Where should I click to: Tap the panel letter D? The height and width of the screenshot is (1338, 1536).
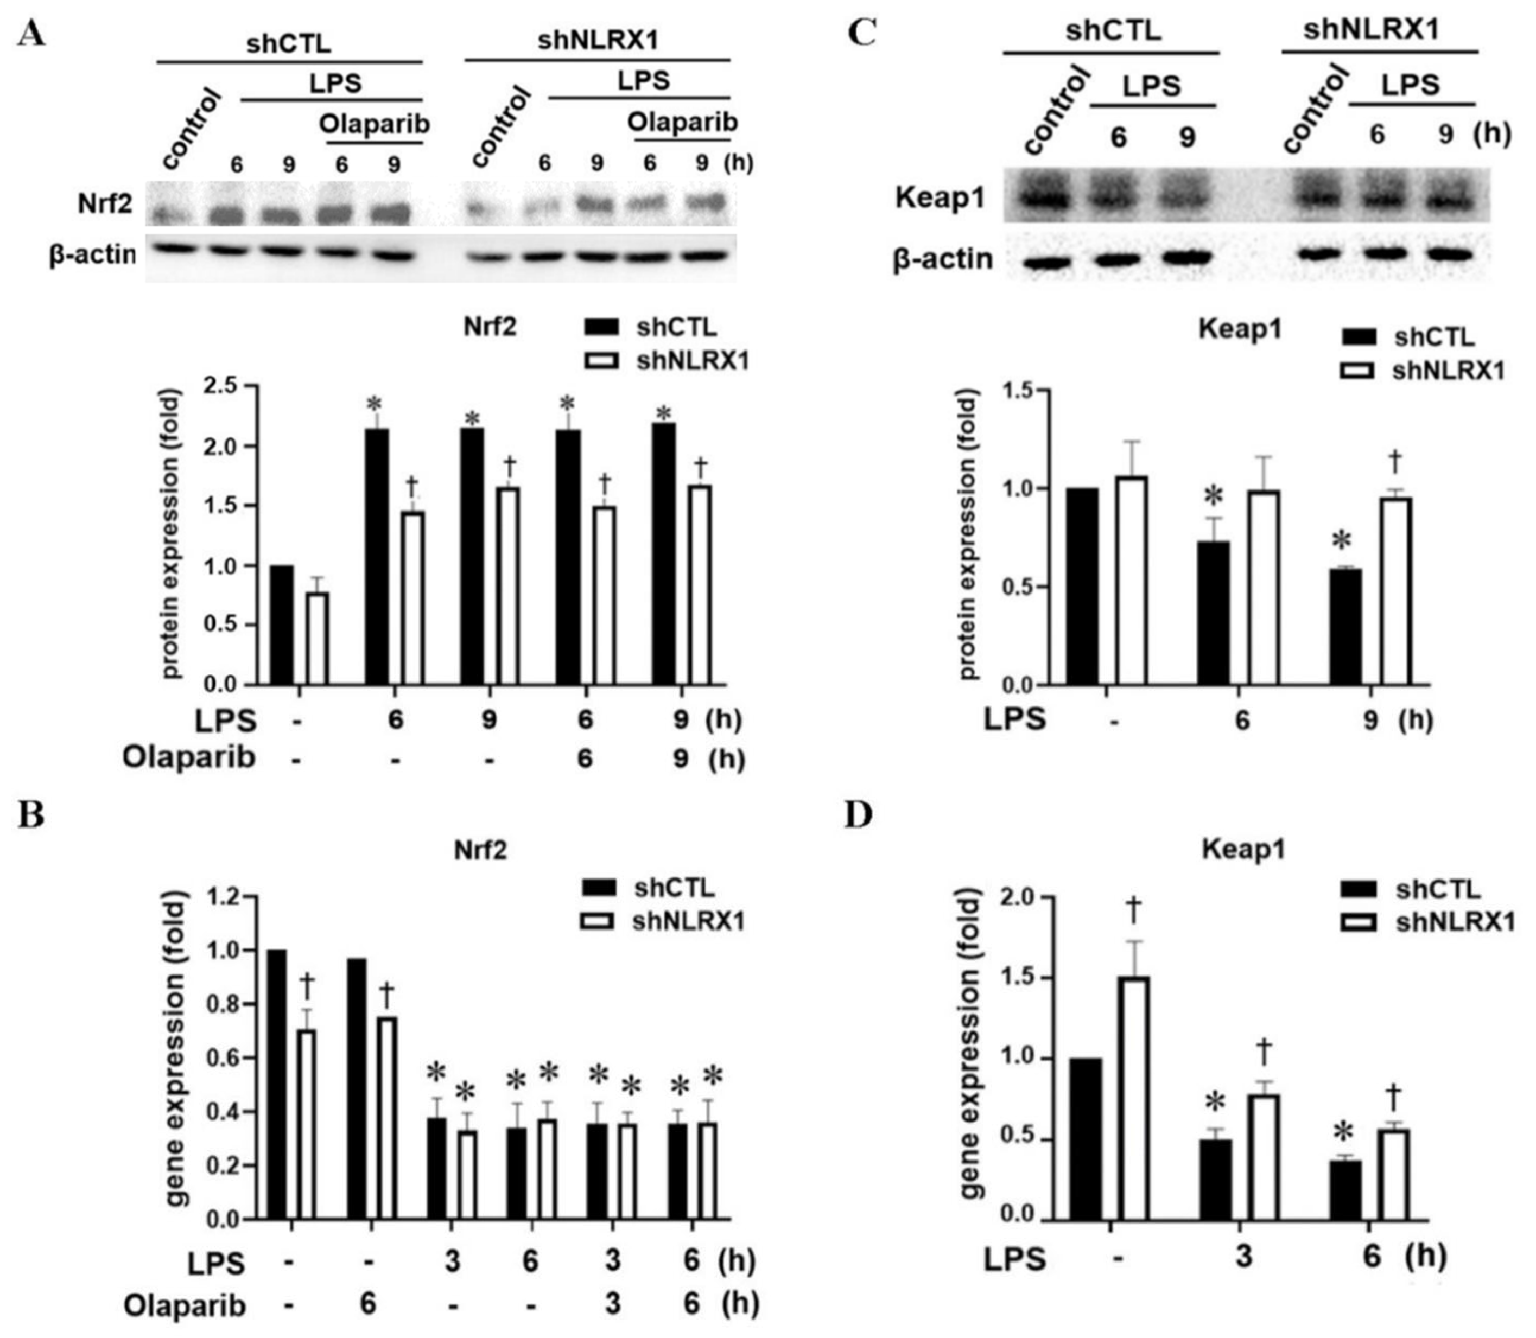(858, 816)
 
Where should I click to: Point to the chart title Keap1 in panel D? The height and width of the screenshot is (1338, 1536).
(1242, 850)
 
